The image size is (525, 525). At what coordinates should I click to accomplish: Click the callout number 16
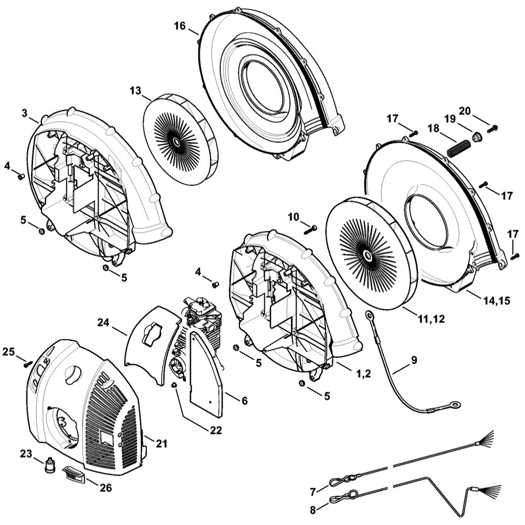point(180,26)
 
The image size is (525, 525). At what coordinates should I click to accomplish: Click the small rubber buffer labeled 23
point(50,466)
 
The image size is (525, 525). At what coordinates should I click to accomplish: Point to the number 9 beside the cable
point(414,360)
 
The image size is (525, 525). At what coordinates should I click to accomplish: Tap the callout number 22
point(216,430)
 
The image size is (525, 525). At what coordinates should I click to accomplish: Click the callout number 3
point(24,113)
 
